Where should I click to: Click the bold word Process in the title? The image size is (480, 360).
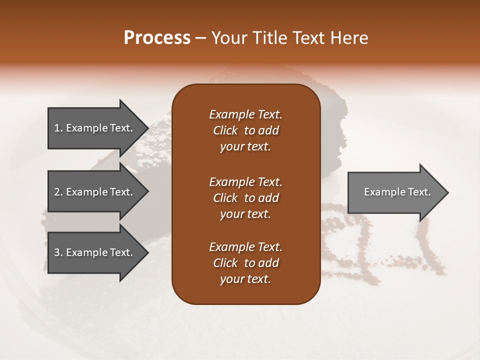[x=157, y=37]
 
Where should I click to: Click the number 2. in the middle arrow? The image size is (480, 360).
[x=58, y=192]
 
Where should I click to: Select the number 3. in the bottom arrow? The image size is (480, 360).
[x=58, y=252]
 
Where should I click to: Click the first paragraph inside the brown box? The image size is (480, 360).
[x=245, y=130]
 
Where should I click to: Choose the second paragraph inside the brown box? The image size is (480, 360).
[x=245, y=198]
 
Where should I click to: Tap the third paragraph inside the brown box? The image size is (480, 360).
[x=245, y=263]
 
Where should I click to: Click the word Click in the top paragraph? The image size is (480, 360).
[x=225, y=130]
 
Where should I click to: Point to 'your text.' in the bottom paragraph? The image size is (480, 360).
[x=245, y=279]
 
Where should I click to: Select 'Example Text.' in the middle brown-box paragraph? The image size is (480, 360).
[x=245, y=182]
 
